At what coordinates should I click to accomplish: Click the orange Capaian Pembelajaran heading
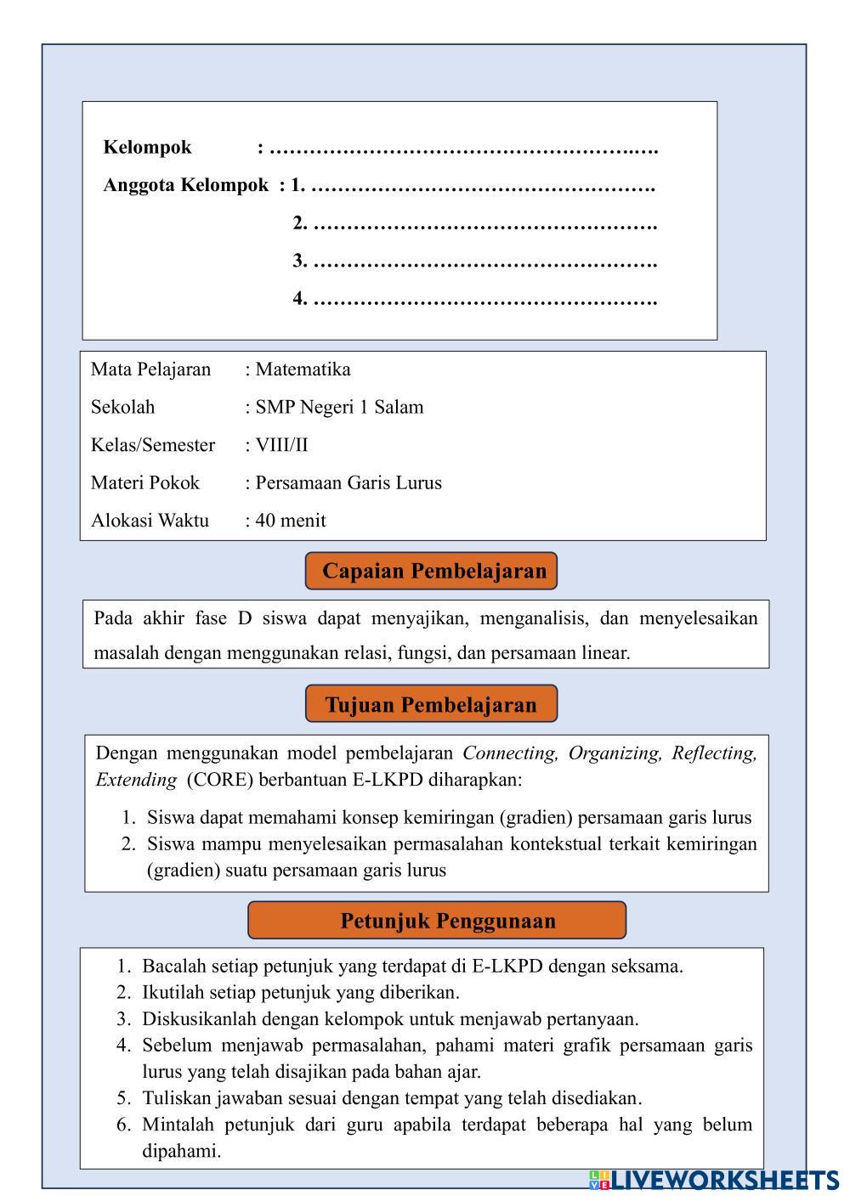(x=431, y=571)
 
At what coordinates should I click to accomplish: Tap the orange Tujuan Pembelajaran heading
(x=431, y=704)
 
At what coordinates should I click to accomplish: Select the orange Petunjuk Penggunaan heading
(x=437, y=921)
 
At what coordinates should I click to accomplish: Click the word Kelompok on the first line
(x=147, y=147)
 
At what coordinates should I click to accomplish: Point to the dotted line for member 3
(x=484, y=262)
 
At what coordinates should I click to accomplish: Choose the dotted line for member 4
(x=484, y=300)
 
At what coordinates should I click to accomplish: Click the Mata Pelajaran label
(x=150, y=369)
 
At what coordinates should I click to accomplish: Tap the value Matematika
(x=303, y=369)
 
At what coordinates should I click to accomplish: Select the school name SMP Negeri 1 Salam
(x=339, y=407)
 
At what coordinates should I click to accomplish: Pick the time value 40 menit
(x=290, y=521)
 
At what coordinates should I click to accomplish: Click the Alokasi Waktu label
(x=150, y=521)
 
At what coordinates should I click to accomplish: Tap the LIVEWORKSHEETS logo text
(x=724, y=1180)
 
